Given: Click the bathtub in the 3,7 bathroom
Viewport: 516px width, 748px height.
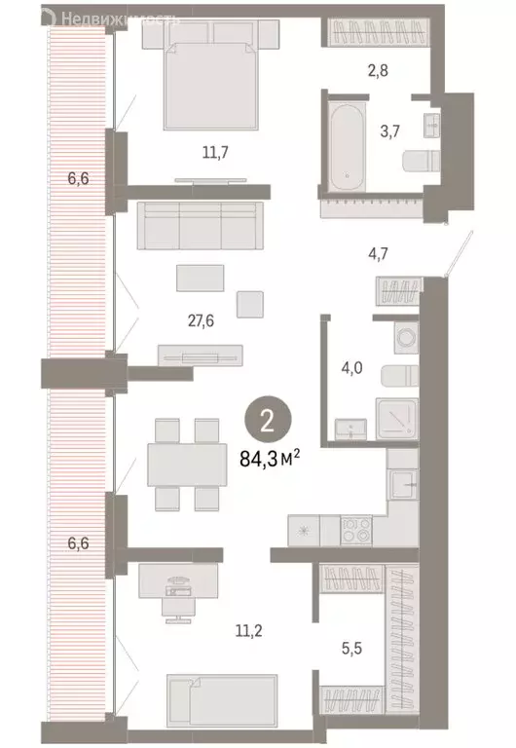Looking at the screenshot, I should click(346, 140).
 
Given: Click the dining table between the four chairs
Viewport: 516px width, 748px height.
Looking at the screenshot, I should click(187, 465).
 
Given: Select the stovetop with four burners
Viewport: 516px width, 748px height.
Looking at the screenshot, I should click(354, 531).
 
